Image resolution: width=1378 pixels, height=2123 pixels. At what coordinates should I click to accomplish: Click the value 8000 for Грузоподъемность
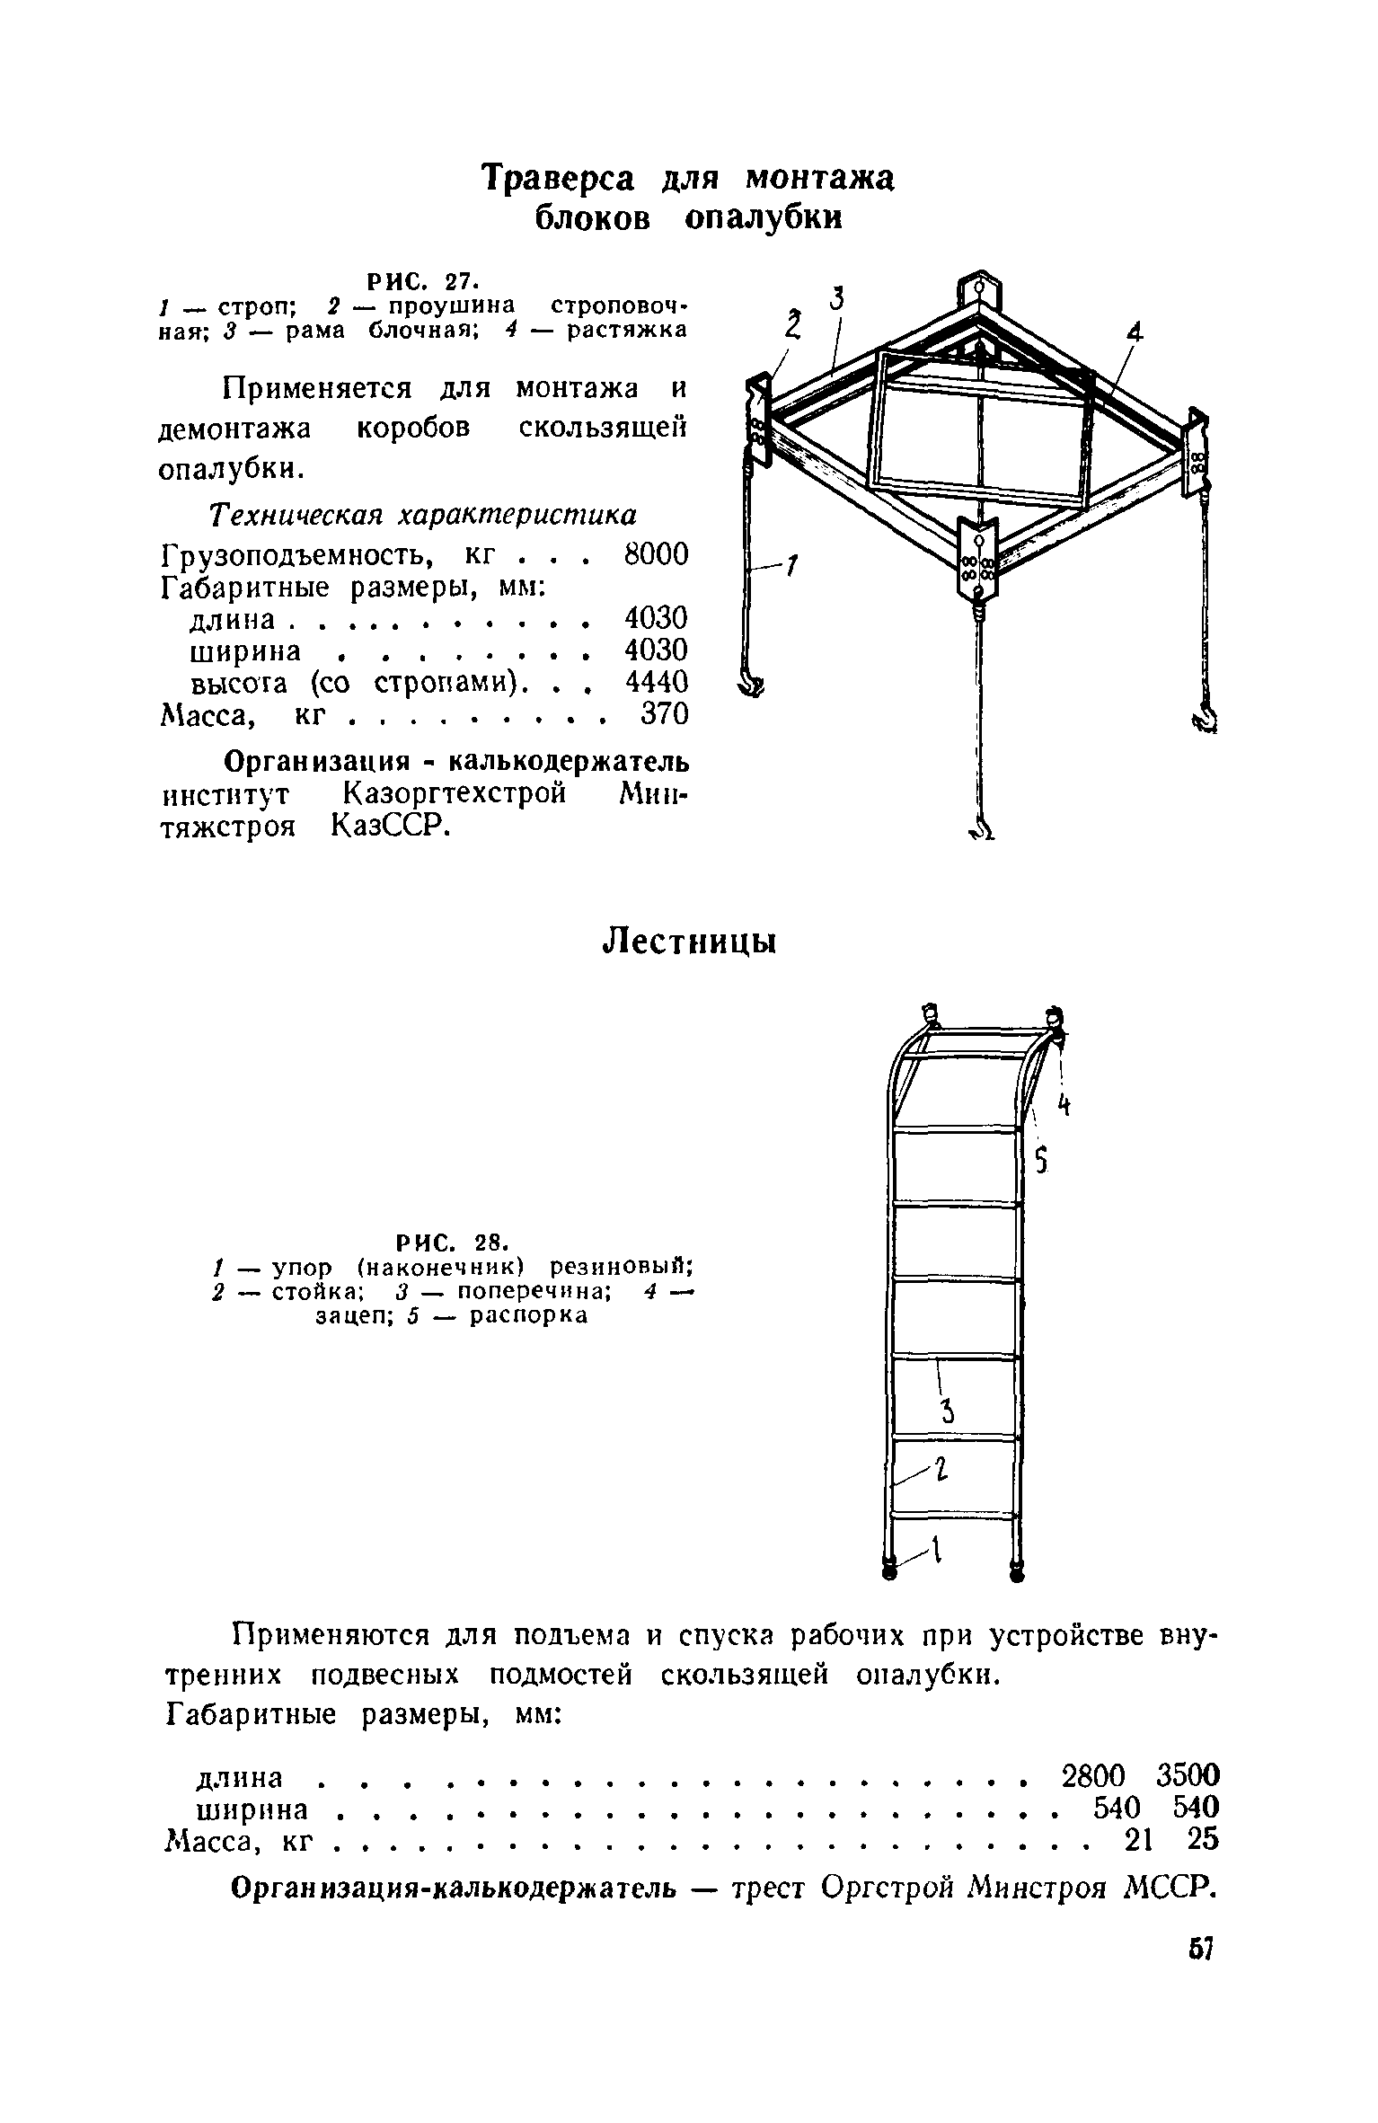tap(656, 554)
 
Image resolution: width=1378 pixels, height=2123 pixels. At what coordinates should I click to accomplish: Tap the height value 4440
tap(656, 682)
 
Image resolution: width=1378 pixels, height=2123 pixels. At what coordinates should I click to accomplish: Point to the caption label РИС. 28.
tap(453, 1243)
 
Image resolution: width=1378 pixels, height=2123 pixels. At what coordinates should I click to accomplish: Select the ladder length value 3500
tap(1188, 1775)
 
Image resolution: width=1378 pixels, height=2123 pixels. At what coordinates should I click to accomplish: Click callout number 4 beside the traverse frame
tap(1135, 334)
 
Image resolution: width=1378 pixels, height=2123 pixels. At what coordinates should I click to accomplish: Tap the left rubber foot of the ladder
tap(889, 1570)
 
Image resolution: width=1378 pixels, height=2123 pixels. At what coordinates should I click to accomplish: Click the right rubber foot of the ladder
tap(1018, 1570)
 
